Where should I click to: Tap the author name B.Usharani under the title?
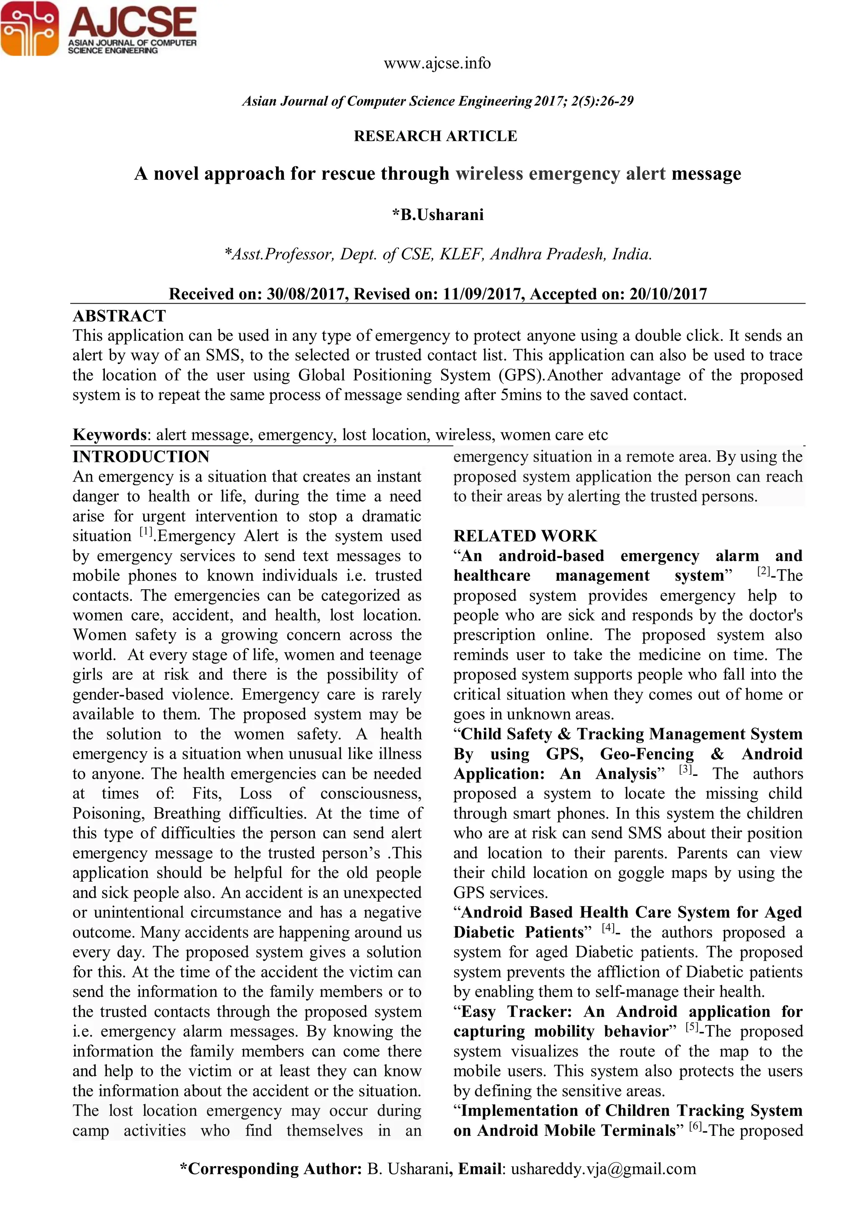tap(442, 215)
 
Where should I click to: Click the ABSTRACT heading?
tap(119, 316)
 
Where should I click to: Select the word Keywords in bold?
tap(109, 434)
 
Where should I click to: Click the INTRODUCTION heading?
tap(141, 456)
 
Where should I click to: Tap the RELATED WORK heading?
tap(525, 536)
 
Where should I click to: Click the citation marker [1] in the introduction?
tap(146, 532)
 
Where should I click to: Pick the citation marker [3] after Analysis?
tap(685, 770)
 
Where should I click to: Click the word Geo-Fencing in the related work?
tap(647, 754)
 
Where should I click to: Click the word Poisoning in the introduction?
tap(108, 814)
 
